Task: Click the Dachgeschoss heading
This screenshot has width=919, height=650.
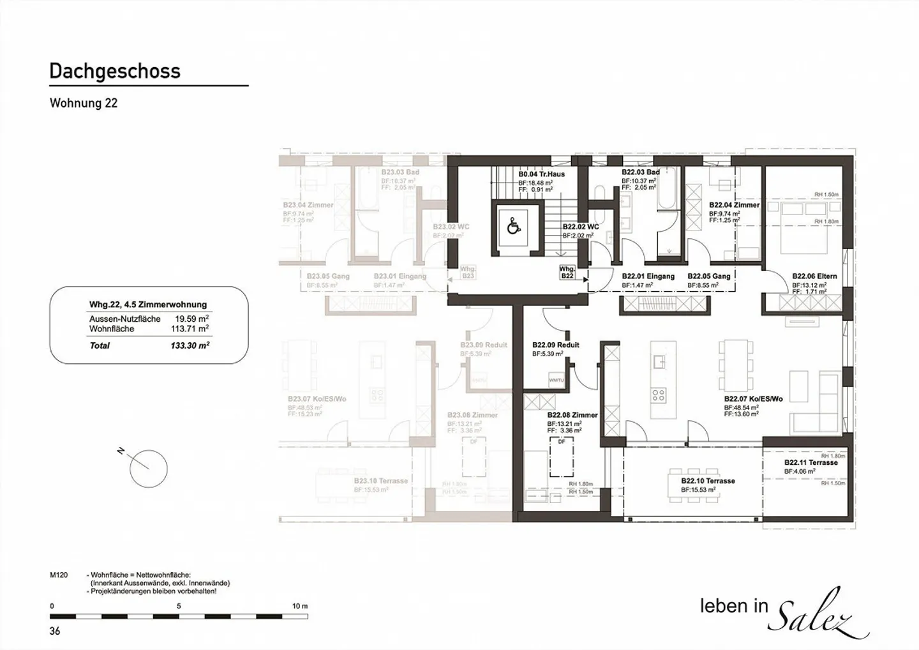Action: click(x=115, y=72)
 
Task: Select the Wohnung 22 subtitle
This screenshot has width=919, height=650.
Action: click(x=84, y=103)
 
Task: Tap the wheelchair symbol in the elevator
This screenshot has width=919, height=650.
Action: click(x=513, y=227)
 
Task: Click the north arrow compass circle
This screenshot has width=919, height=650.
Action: click(x=148, y=469)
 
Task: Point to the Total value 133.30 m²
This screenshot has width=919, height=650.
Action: click(x=190, y=345)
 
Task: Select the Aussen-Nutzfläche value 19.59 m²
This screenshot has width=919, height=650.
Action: click(x=191, y=319)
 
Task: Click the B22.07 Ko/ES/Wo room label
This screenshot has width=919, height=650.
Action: click(x=753, y=399)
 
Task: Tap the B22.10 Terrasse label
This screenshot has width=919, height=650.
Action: click(x=708, y=481)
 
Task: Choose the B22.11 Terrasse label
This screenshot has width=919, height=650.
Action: click(x=811, y=463)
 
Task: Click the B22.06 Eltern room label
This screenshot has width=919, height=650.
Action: click(x=814, y=276)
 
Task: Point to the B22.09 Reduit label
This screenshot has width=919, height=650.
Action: click(x=555, y=345)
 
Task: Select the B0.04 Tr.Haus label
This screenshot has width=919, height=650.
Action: click(x=541, y=174)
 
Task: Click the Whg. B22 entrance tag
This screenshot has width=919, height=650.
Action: click(x=567, y=273)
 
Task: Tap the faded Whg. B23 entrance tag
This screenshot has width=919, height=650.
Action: click(x=468, y=273)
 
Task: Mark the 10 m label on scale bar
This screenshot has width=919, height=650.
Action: click(x=299, y=606)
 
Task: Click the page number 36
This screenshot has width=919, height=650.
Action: click(x=55, y=631)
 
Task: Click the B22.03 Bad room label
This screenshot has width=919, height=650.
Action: click(x=640, y=172)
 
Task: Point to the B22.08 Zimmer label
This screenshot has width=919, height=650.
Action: click(x=572, y=415)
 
